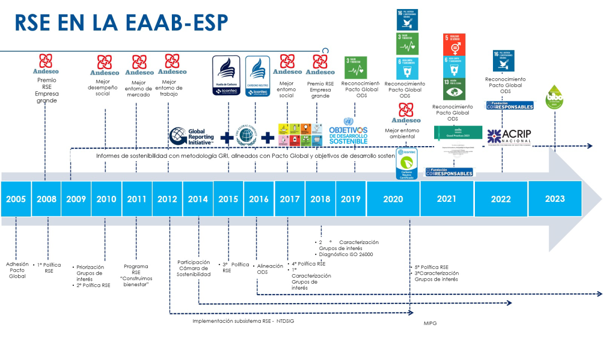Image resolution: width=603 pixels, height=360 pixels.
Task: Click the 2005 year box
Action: (x=16, y=199)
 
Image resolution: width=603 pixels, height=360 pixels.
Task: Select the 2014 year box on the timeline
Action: (x=198, y=199)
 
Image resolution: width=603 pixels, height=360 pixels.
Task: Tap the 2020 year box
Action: (x=393, y=199)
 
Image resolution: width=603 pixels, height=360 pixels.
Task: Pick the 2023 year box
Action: (x=555, y=199)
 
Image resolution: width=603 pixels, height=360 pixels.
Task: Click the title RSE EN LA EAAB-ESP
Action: (x=121, y=23)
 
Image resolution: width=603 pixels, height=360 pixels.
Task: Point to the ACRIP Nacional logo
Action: (x=509, y=136)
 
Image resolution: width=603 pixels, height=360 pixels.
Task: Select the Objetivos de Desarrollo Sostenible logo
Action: (x=348, y=132)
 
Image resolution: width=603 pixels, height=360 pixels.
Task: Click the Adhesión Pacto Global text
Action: (x=17, y=270)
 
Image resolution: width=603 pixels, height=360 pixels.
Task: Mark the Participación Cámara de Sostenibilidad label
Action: (x=193, y=268)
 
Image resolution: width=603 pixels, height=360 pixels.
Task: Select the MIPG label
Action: (x=430, y=323)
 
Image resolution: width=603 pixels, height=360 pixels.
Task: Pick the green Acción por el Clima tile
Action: (x=454, y=89)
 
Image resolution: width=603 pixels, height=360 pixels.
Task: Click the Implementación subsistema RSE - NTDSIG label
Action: (x=243, y=321)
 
